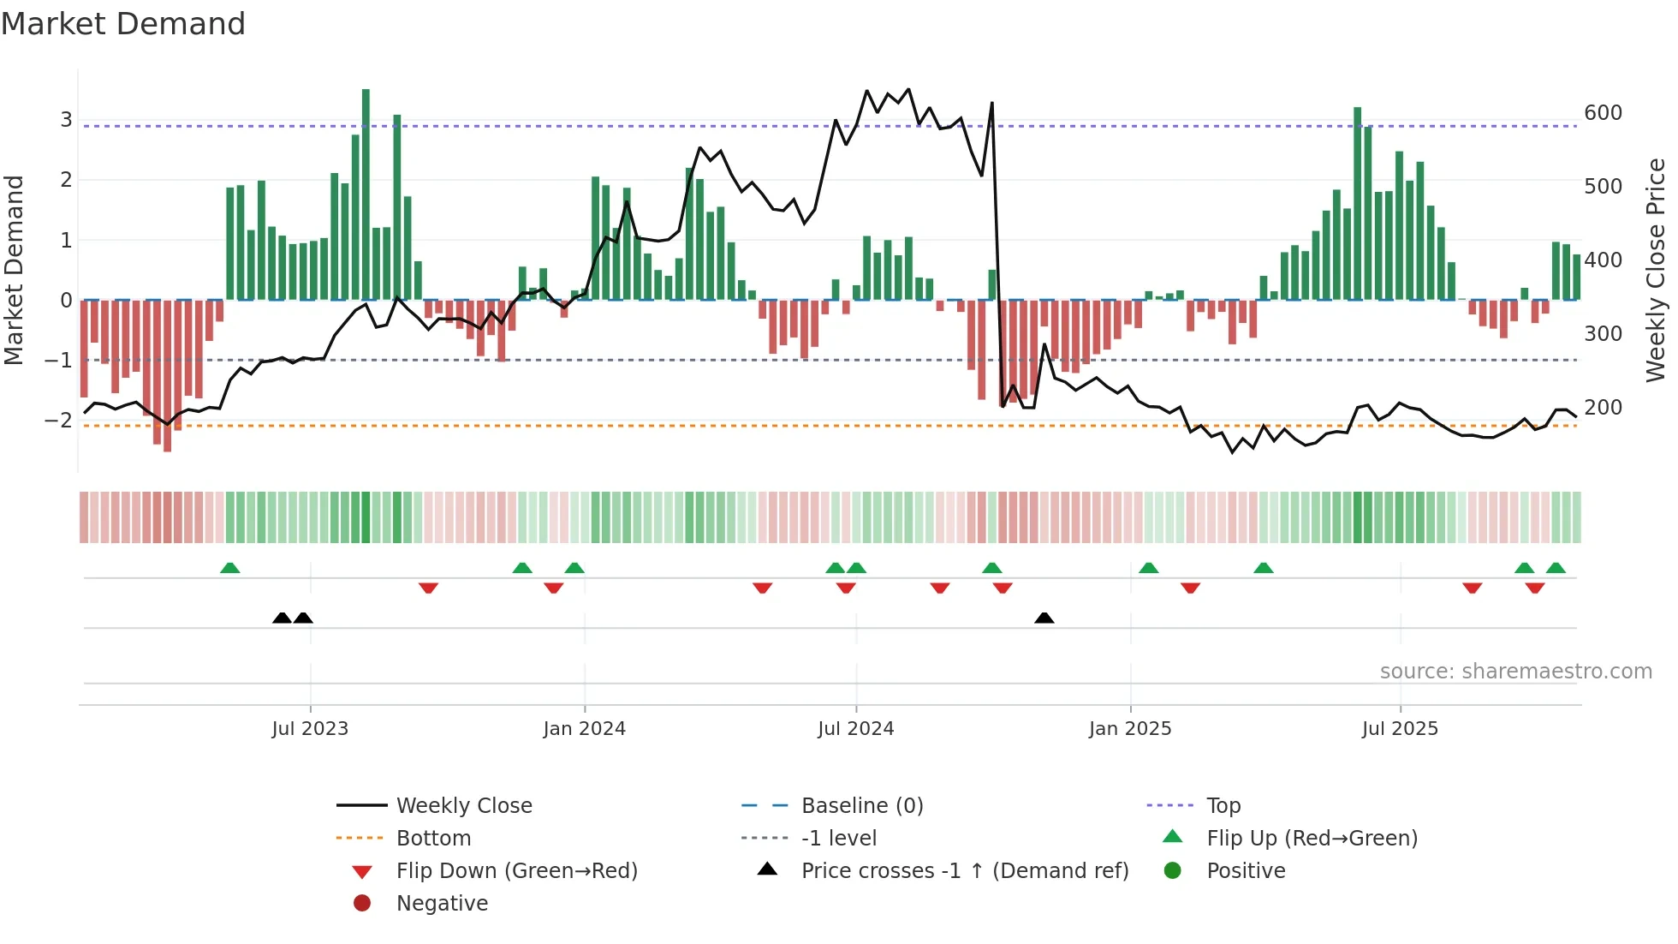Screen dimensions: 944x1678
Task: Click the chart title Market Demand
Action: pos(123,24)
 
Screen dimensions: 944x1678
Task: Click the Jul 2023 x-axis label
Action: pos(310,729)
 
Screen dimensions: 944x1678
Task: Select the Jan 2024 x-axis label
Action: pos(584,729)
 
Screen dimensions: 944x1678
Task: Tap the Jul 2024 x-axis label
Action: pos(855,729)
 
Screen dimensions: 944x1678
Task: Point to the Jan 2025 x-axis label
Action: pos(1130,729)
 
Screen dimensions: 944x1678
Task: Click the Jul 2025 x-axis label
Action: pos(1400,729)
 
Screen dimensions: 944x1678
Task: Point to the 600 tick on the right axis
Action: pos(1603,113)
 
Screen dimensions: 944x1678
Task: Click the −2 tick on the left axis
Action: pos(58,420)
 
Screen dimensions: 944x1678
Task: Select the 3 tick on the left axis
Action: pos(66,120)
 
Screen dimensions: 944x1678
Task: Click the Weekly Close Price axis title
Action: pos(1656,270)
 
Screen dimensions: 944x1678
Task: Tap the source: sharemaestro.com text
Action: pos(1515,672)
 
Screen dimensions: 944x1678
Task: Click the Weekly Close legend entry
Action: pos(463,806)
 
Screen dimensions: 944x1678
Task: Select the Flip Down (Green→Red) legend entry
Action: pos(516,871)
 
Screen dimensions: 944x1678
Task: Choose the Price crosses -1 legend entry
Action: pos(964,871)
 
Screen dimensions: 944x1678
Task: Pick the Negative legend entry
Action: pos(442,904)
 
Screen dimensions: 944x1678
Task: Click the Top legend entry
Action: pos(1223,806)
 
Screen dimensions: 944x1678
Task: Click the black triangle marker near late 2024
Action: pos(1044,618)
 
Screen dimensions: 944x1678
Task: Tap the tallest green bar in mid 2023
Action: pos(366,194)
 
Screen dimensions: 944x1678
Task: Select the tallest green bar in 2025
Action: pos(1357,203)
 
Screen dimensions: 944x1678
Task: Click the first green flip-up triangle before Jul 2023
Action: pos(229,568)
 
